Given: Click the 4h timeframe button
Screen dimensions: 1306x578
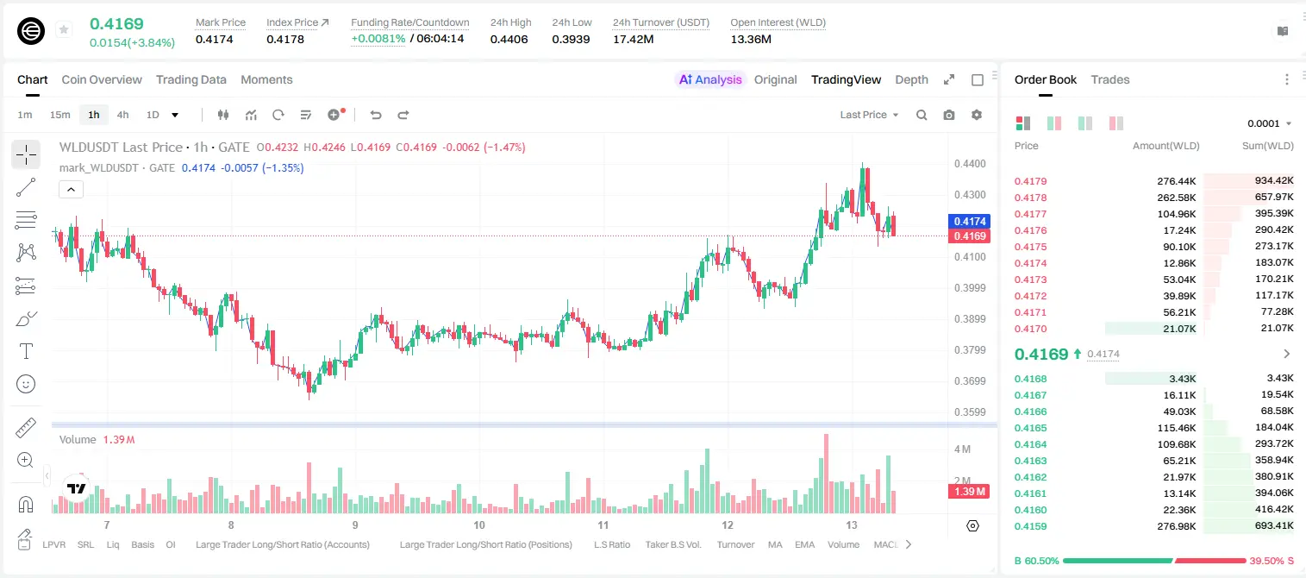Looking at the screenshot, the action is pos(122,115).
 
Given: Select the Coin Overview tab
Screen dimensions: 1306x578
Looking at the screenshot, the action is pos(102,79).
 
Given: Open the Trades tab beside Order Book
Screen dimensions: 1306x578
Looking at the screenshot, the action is pos(1109,79).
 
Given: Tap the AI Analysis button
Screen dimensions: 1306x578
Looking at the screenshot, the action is pos(710,79).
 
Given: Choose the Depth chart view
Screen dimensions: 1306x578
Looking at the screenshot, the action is pos(911,79).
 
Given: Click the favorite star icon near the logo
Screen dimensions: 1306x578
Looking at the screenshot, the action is pos(64,29).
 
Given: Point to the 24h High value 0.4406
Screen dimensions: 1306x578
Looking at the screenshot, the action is pos(509,39).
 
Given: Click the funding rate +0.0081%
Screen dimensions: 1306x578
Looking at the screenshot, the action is pos(378,39).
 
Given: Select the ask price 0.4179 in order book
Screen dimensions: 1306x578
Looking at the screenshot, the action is pos(1030,181).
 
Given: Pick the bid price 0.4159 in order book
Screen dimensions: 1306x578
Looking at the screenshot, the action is pos(1030,526).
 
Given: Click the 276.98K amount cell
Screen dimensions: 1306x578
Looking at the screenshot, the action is pos(1176,526).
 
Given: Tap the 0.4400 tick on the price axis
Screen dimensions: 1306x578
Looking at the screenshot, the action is pos(970,164).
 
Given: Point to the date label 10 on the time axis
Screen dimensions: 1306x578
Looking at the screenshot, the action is pos(478,525).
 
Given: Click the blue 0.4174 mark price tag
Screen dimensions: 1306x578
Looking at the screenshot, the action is pos(970,222).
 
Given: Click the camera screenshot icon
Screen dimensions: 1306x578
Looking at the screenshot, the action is pos(948,115).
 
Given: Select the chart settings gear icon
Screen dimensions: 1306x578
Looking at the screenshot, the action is pos(977,115).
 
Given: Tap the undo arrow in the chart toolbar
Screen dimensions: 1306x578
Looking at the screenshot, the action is pos(376,115).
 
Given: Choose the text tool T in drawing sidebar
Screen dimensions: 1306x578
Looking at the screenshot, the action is pos(26,351).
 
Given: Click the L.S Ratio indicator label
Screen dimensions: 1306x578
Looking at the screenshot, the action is pos(611,544).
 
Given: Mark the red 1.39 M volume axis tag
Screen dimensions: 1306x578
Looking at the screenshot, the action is pos(970,492).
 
